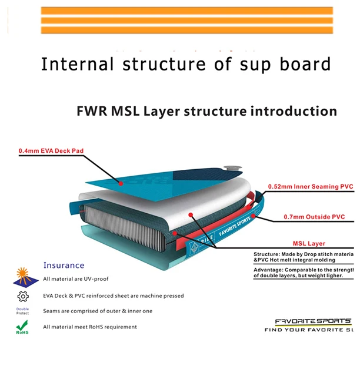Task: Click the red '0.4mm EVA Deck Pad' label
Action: [51, 151]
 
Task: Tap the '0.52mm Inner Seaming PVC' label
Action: [310, 187]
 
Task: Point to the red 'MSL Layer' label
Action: [309, 243]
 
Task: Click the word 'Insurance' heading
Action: [64, 266]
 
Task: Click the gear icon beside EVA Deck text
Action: [23, 296]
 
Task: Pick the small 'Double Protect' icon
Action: [22, 311]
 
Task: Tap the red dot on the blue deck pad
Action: [122, 183]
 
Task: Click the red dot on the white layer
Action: [191, 215]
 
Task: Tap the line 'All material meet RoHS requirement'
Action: [90, 327]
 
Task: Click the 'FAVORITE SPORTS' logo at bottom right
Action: [313, 322]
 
